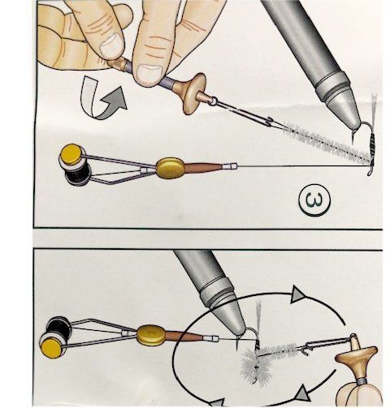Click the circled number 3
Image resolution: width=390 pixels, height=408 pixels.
click(x=314, y=200)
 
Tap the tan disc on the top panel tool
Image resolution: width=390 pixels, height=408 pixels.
click(x=194, y=93)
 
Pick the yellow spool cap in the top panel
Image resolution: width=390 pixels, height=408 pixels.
click(x=71, y=155)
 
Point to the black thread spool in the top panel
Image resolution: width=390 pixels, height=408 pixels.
click(x=76, y=176)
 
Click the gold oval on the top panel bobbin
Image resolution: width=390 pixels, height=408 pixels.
click(x=171, y=168)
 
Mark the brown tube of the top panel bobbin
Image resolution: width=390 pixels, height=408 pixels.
click(x=203, y=167)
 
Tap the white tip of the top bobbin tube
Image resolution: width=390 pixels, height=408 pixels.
click(x=230, y=166)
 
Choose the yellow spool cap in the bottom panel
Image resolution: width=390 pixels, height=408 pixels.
click(x=52, y=348)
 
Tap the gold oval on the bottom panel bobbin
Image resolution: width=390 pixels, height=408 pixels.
click(x=151, y=335)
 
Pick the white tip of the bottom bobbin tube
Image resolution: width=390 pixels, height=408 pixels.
click(x=211, y=338)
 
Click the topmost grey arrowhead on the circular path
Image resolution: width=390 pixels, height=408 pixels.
click(x=298, y=294)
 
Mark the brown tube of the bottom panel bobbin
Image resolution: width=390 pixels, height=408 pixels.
click(x=184, y=337)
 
